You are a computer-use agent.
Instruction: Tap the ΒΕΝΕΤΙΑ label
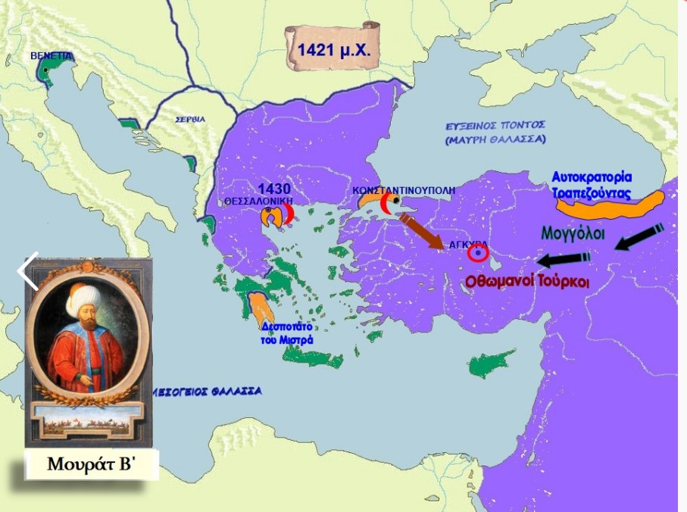pos(52,56)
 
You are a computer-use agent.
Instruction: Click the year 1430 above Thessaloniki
pos(273,189)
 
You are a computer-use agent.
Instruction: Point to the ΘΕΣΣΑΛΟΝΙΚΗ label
pos(257,202)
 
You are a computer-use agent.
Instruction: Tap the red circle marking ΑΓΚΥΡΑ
pos(478,253)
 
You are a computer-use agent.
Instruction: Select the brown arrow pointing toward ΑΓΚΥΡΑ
pos(423,231)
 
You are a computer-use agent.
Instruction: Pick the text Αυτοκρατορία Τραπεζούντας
pos(601,184)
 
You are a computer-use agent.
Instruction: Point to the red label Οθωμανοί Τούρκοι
pos(527,280)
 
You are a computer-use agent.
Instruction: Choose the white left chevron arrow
pos(28,271)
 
